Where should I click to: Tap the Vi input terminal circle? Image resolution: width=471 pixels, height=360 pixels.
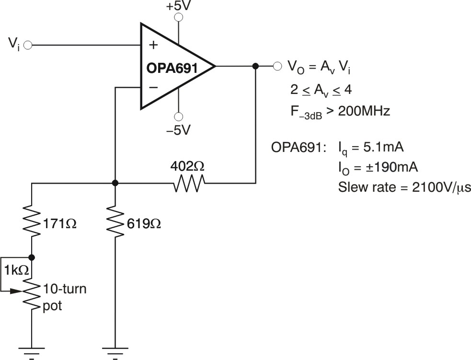pyautogui.click(x=28, y=46)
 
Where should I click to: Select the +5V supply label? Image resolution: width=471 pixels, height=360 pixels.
pyautogui.click(x=179, y=7)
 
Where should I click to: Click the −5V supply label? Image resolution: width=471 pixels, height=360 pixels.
pyautogui.click(x=179, y=130)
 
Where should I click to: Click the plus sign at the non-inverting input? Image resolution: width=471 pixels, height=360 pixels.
pyautogui.click(x=153, y=46)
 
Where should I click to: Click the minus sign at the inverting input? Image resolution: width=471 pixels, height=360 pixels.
pyautogui.click(x=153, y=87)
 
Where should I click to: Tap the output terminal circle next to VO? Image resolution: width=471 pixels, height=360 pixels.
pyautogui.click(x=276, y=66)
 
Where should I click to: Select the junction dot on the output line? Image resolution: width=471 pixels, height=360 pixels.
pyautogui.click(x=255, y=66)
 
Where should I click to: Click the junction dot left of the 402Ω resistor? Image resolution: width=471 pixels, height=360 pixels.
pyautogui.click(x=115, y=183)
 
